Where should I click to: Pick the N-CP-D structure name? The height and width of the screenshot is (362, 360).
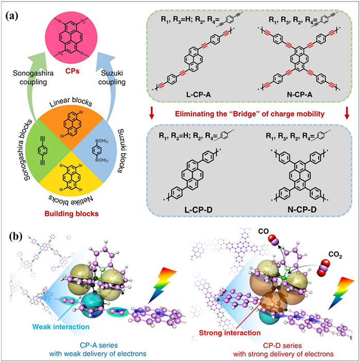point(294,212)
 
